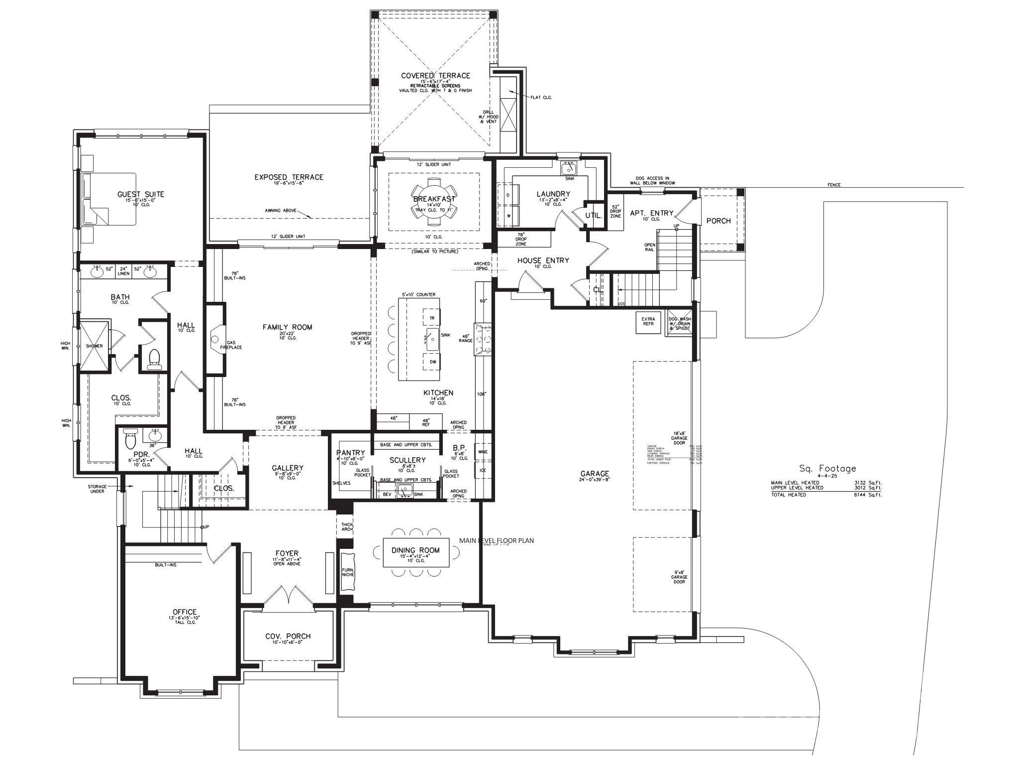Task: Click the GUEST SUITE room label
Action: point(140,194)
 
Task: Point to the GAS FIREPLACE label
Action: point(234,345)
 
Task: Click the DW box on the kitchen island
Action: point(433,362)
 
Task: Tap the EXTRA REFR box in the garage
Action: point(648,322)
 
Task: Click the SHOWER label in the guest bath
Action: point(94,346)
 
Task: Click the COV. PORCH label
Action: point(288,636)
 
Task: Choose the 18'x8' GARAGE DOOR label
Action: point(679,438)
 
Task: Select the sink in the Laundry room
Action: point(569,168)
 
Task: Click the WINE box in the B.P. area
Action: point(483,452)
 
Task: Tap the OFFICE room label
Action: point(184,612)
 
